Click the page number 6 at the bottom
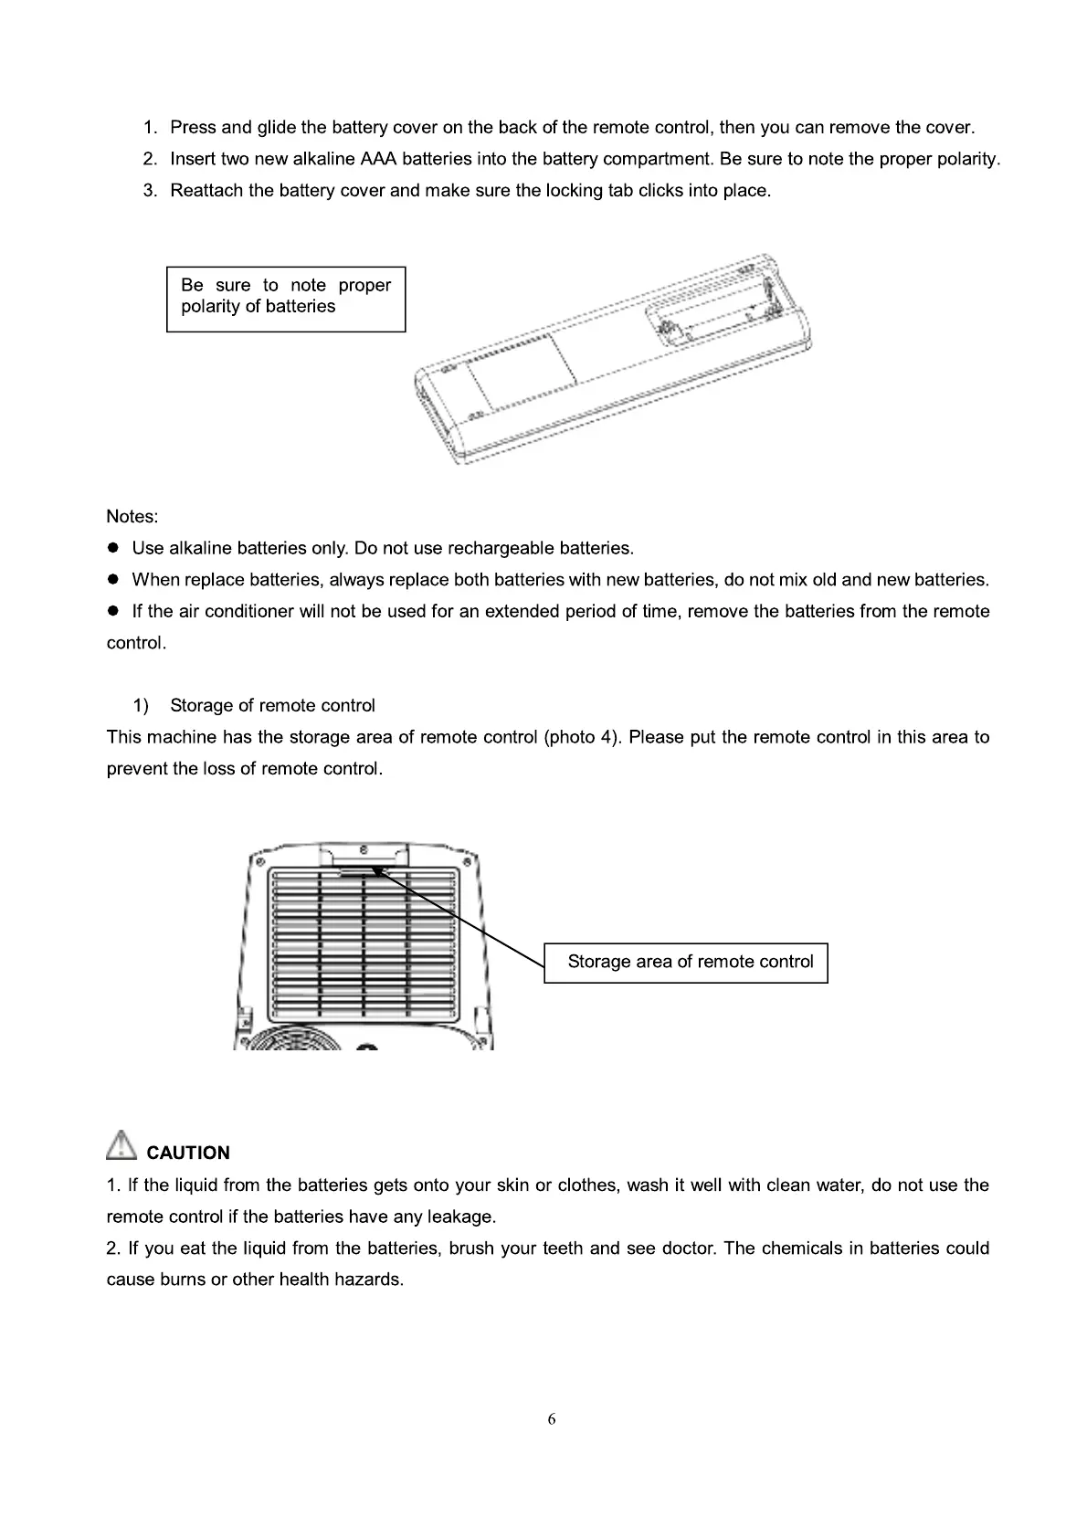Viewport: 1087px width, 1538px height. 551,1418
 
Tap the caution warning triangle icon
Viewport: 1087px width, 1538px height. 121,1146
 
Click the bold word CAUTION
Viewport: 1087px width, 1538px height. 188,1153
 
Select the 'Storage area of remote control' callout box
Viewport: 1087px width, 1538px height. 686,963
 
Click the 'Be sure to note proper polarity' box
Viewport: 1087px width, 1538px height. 286,298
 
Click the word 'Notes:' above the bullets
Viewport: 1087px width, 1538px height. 132,517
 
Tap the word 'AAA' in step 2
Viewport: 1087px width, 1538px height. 378,159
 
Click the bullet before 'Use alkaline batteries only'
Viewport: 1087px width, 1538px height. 114,548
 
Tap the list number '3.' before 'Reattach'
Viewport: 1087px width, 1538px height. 151,191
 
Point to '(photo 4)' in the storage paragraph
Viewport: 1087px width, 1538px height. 581,737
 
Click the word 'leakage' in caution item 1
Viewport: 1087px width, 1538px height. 464,1217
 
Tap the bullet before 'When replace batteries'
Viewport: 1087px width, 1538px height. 114,580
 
